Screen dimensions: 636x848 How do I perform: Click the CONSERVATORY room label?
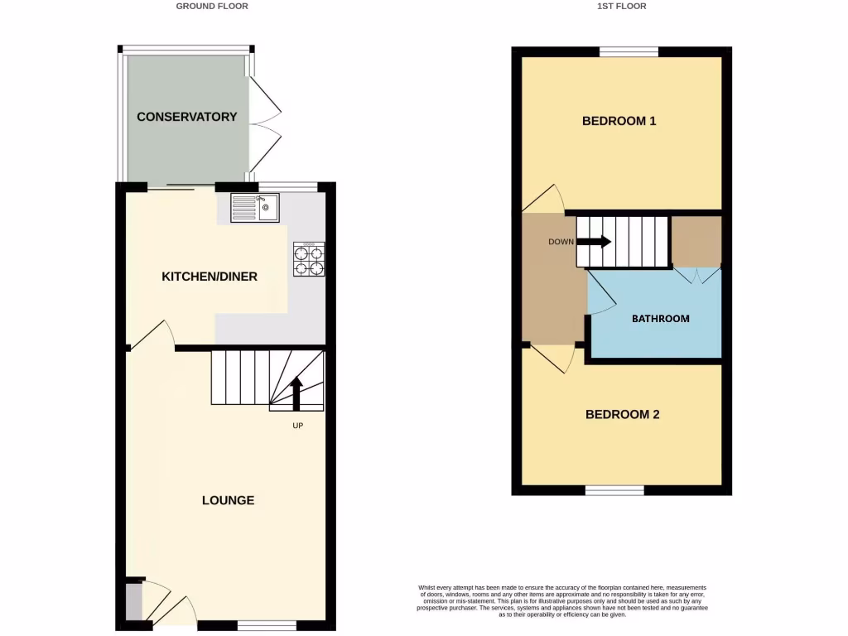[186, 117]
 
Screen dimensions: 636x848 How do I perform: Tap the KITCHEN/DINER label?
[209, 276]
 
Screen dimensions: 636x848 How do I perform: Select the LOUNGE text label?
[228, 500]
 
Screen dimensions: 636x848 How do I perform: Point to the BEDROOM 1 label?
[619, 121]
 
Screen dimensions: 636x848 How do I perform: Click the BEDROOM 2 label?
[622, 414]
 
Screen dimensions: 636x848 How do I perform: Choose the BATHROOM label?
[660, 318]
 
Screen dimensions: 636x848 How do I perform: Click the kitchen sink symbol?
[255, 207]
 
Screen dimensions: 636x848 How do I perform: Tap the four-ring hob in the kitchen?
[308, 258]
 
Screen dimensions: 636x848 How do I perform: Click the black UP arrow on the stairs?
[296, 393]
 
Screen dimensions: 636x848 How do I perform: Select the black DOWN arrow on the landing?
[594, 242]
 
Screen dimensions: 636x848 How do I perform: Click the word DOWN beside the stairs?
[560, 242]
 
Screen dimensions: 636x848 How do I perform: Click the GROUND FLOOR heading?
[212, 6]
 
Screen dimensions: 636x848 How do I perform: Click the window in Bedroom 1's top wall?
[629, 52]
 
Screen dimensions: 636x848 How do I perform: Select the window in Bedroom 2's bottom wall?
[614, 490]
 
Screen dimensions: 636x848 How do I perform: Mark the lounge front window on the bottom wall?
[267, 625]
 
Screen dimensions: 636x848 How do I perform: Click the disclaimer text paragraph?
[562, 601]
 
